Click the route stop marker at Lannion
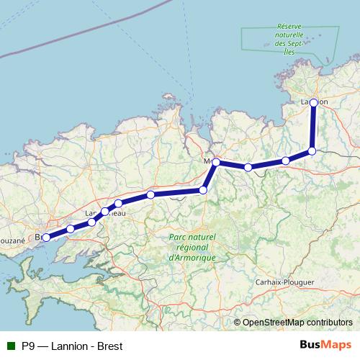coord(314,102)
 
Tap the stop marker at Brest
coord(45,237)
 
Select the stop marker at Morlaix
coord(216,162)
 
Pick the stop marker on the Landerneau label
coord(105,212)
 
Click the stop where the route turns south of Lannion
coord(312,150)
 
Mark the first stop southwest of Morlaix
coord(203,190)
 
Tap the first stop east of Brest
coord(70,229)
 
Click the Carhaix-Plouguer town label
coord(286,282)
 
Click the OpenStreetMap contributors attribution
coord(297,323)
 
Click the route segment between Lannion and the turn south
coord(313,127)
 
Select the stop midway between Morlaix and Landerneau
coord(150,194)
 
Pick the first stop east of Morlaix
coord(248,167)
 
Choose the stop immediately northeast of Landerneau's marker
coord(118,204)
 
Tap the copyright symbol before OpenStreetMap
coord(237,323)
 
